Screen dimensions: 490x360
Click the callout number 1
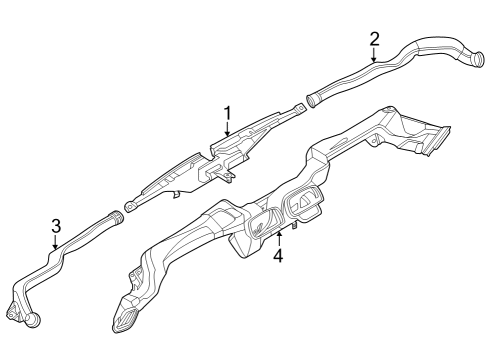227,113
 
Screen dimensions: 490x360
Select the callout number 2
374,39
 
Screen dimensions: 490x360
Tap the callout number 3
56,225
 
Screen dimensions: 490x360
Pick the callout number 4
279,255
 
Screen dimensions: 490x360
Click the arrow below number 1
227,128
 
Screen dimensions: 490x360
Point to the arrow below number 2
374,55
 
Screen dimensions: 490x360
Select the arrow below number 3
56,240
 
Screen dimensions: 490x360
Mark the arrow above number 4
279,239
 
